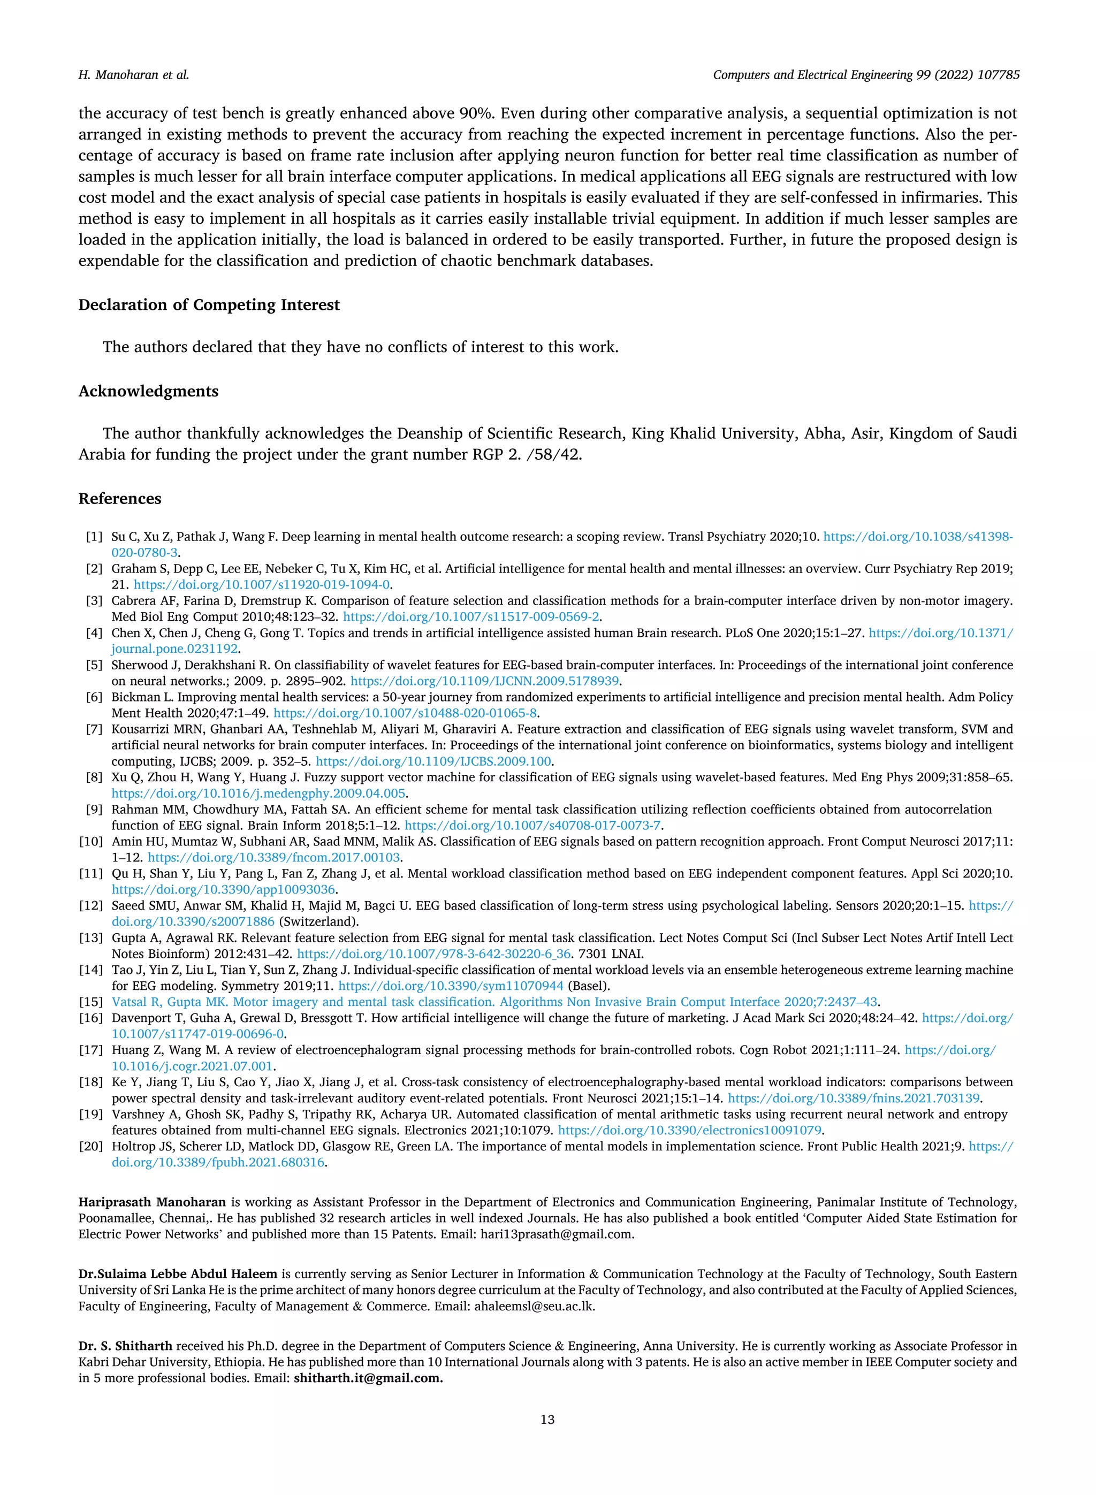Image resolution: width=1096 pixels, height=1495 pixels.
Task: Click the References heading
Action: pos(119,499)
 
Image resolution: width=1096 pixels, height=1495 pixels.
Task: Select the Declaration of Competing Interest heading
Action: pos(209,305)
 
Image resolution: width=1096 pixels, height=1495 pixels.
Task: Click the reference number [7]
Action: pos(94,729)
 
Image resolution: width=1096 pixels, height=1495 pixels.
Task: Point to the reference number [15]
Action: pos(92,1002)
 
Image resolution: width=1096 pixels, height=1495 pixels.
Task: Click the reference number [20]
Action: pos(92,1146)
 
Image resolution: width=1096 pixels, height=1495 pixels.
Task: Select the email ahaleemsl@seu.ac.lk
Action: pos(534,1306)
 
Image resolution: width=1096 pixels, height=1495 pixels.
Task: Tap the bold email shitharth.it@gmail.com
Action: pos(368,1378)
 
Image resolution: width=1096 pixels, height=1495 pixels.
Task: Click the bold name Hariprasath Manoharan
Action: pos(152,1202)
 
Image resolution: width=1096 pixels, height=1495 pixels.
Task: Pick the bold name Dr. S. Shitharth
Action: pos(125,1346)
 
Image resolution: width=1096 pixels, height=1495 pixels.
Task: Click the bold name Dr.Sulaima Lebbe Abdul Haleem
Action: pos(178,1274)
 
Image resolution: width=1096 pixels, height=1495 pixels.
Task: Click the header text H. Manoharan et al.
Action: pos(133,75)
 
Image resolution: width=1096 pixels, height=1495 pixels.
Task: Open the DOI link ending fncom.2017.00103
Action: pos(274,858)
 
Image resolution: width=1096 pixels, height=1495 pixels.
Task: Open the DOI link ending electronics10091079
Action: pos(689,1130)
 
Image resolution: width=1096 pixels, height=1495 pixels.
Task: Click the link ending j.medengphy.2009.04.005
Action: pos(258,794)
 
